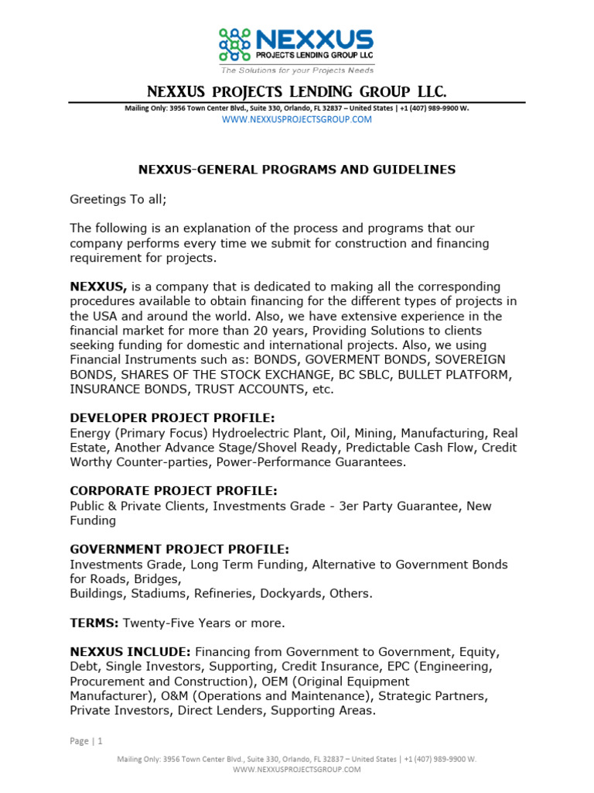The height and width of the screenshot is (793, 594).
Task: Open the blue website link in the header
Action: click(x=297, y=120)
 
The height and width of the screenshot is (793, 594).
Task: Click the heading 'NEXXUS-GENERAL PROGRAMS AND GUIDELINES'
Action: click(x=297, y=170)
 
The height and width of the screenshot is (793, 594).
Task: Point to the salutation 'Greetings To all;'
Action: click(x=118, y=199)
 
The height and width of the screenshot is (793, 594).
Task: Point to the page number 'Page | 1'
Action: click(x=86, y=741)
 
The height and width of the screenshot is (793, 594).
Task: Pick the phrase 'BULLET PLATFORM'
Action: click(x=458, y=375)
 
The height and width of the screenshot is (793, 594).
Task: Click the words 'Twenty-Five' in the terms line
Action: click(x=155, y=623)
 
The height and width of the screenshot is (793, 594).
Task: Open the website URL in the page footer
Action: click(x=297, y=770)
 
